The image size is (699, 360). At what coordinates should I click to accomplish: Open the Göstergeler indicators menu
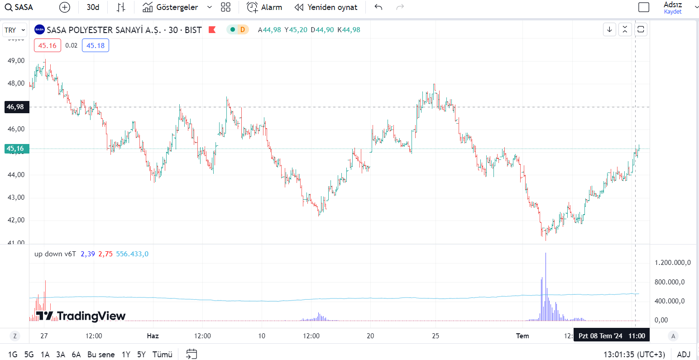point(171,7)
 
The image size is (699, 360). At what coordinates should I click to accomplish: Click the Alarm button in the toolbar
point(264,7)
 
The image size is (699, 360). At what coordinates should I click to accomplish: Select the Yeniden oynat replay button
point(326,7)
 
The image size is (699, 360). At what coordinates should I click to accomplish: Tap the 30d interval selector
point(93,7)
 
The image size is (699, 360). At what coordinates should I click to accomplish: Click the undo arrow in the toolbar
point(378,7)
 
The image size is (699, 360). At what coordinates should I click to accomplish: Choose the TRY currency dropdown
point(14,30)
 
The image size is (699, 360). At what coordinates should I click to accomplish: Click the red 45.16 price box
point(47,45)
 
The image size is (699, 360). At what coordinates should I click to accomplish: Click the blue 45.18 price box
point(96,45)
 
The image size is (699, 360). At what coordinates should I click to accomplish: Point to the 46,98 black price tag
point(15,107)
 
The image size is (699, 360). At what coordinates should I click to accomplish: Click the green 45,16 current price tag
point(15,149)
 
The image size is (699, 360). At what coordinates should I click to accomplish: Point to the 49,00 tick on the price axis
point(16,61)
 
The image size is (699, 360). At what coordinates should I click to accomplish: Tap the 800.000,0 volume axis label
point(672,282)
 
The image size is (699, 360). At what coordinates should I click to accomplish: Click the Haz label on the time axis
point(153,336)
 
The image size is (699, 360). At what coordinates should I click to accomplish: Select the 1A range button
point(45,355)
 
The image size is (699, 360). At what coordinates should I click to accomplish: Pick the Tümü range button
point(162,355)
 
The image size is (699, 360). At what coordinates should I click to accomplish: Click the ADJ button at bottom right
point(684,355)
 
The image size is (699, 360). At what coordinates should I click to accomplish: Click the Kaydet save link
point(673,12)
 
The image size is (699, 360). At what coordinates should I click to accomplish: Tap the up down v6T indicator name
point(55,254)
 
